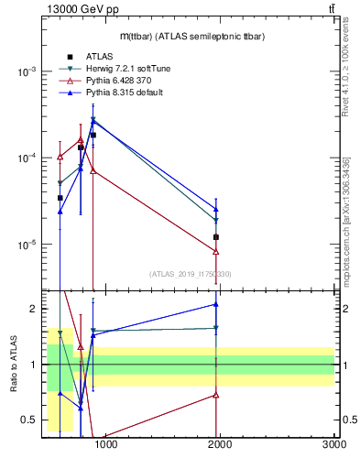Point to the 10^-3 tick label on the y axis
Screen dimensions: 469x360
(27, 71)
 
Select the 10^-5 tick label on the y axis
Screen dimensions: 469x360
(27, 245)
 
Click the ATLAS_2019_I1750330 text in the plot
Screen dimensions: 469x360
(191, 274)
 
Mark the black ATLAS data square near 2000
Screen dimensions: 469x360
(216, 237)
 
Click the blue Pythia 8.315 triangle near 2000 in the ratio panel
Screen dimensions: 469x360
(216, 304)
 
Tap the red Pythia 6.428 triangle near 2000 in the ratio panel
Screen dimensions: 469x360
(216, 395)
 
